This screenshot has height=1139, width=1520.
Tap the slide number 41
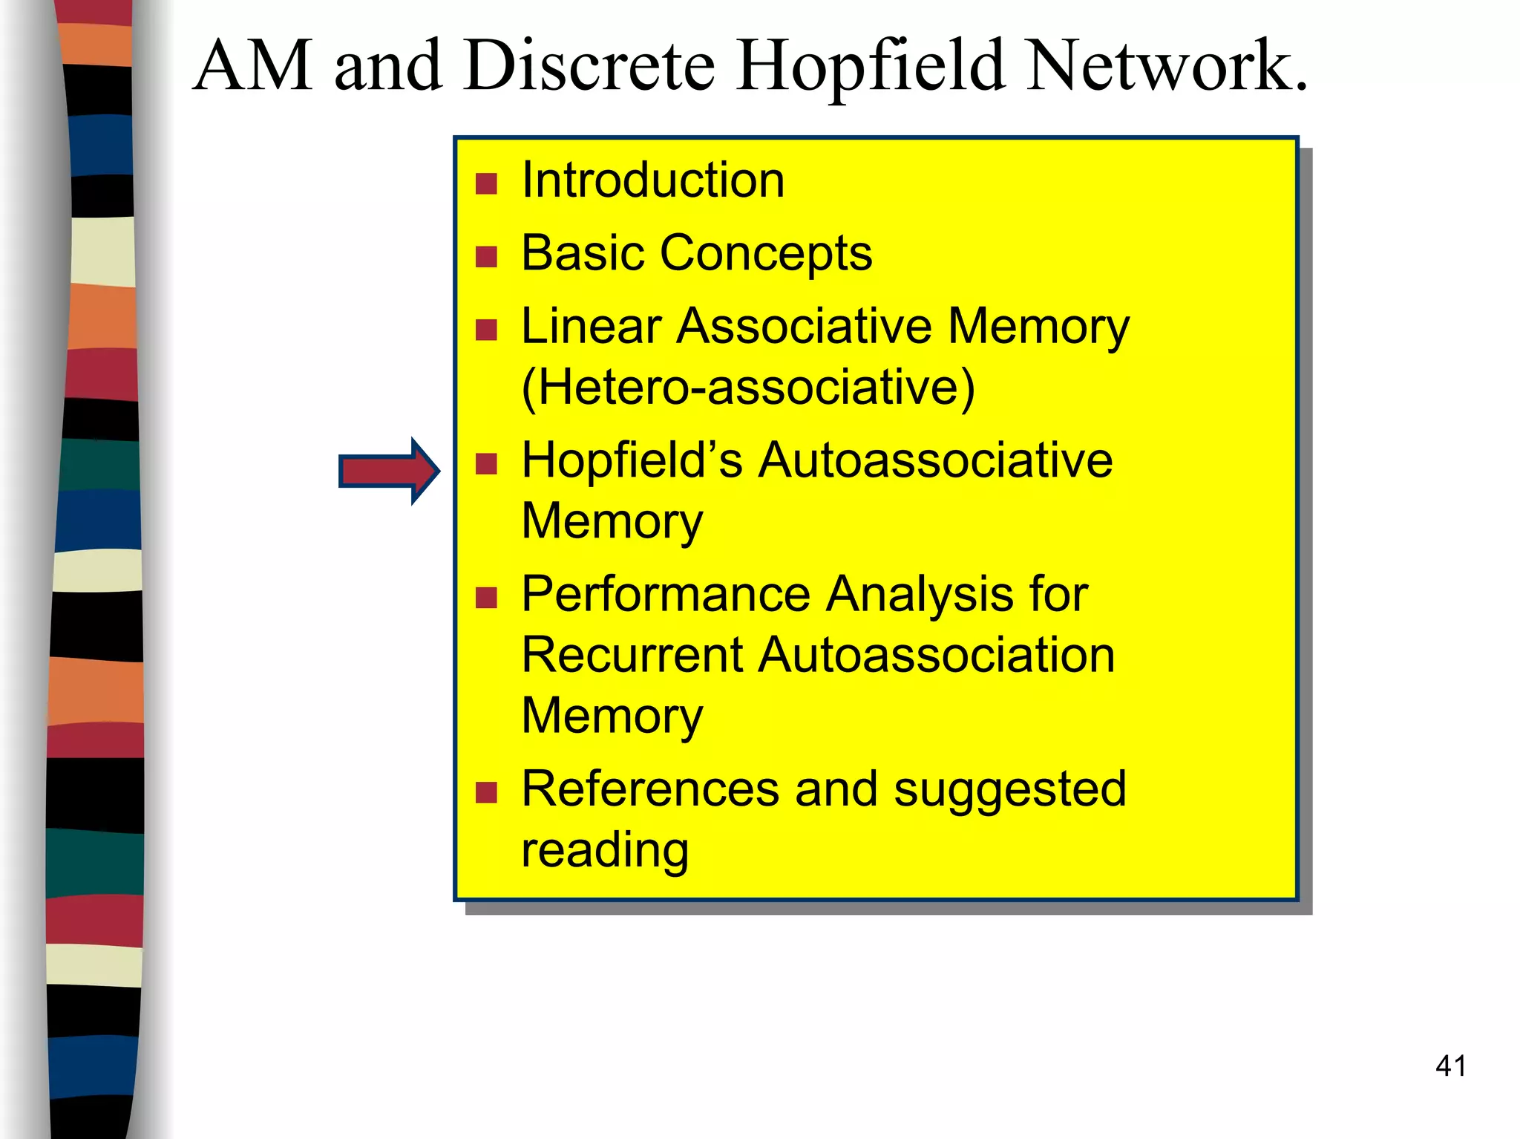1450,1066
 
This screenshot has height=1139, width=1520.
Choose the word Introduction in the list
652,180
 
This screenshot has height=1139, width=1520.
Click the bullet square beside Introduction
486,183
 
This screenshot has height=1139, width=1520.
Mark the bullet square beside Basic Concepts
486,257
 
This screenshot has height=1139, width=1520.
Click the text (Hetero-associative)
747,387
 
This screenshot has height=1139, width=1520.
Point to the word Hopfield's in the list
632,460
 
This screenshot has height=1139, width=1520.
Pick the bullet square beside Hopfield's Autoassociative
486,464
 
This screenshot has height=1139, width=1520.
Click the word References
650,789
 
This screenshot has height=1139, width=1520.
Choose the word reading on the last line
605,850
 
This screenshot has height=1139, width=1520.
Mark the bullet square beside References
486,792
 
